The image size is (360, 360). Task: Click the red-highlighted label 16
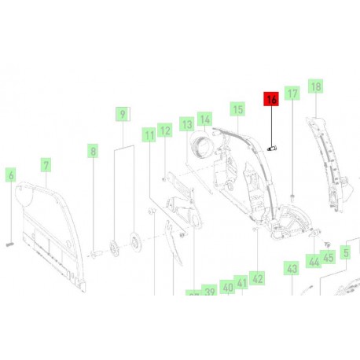click(x=271, y=100)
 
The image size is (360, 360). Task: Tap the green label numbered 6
click(x=11, y=175)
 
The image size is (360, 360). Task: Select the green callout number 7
click(x=46, y=165)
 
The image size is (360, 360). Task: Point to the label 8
click(x=93, y=150)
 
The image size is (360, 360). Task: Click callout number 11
click(x=148, y=136)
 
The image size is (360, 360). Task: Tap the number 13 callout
click(x=186, y=124)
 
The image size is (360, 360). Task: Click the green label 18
click(x=316, y=86)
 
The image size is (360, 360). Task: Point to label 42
click(x=258, y=278)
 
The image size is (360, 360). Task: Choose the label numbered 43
click(x=292, y=270)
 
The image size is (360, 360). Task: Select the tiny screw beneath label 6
click(x=11, y=244)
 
